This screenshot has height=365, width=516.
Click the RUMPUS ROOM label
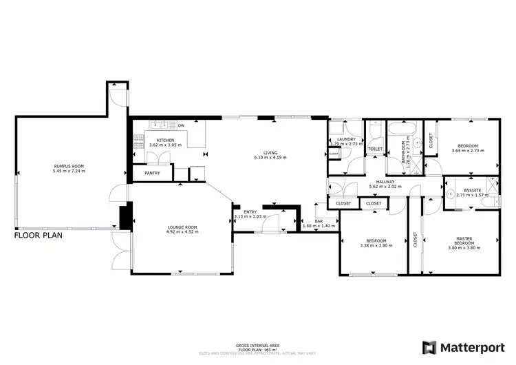tap(69, 166)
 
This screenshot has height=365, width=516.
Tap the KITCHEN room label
tap(155, 140)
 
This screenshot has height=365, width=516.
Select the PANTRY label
tap(152, 174)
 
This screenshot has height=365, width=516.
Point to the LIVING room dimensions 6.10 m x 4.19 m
tap(270, 158)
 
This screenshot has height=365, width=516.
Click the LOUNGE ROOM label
tap(182, 227)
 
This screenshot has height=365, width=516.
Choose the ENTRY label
tap(249, 212)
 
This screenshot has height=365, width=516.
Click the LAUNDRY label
tap(346, 139)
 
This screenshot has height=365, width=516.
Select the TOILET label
tap(375, 149)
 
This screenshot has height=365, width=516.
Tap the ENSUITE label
tap(472, 189)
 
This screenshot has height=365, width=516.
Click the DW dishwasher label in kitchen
tap(181, 125)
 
